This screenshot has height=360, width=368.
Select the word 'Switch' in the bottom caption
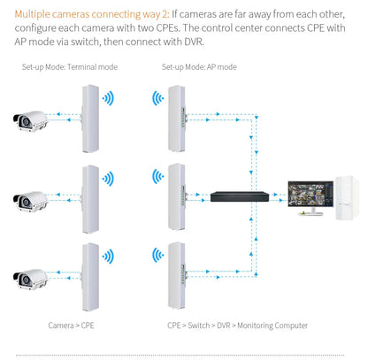click(204, 326)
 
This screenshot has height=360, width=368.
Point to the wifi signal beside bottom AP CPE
click(156, 257)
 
